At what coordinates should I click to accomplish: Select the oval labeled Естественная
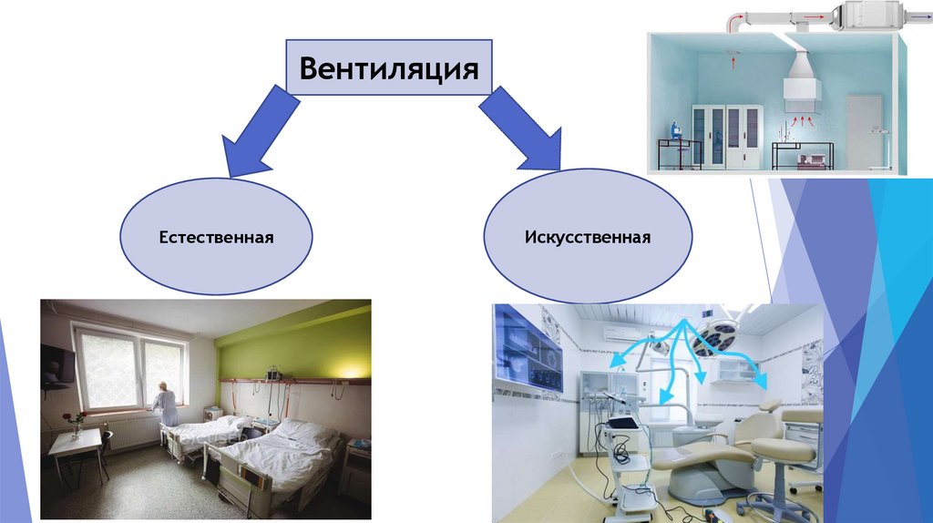pos(217,237)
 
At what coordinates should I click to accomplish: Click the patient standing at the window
pos(166,405)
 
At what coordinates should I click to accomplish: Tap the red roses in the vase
pos(73,419)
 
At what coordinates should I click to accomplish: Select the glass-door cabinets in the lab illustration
pos(726,136)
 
